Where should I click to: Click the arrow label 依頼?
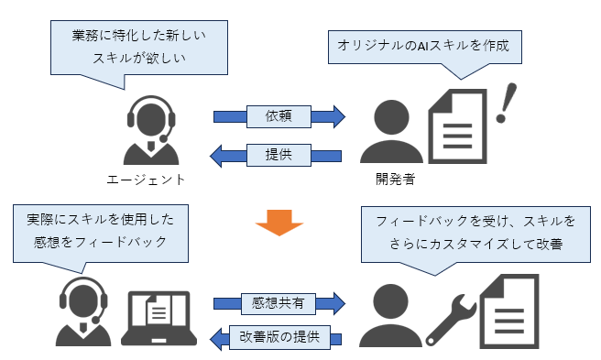(x=277, y=116)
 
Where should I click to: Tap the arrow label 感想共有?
(x=277, y=301)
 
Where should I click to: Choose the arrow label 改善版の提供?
(x=277, y=338)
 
